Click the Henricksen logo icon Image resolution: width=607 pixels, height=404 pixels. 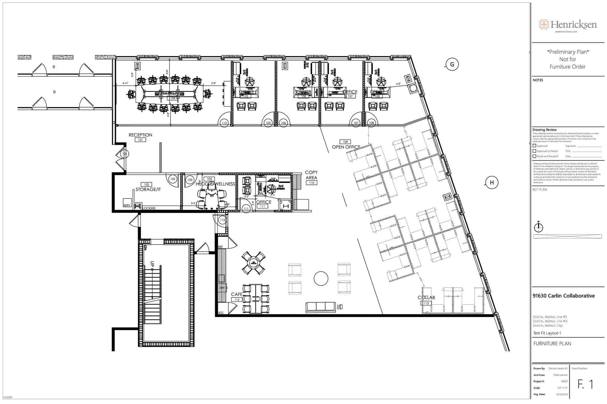click(544, 24)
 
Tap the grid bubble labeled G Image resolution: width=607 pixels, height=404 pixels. click(452, 65)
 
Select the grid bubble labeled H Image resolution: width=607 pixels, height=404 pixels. click(492, 183)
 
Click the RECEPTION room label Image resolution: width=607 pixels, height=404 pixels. click(140, 135)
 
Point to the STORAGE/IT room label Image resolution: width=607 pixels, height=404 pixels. click(148, 189)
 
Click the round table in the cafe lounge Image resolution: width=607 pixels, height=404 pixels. click(321, 279)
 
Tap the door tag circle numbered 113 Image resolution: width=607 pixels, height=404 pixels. click(224, 123)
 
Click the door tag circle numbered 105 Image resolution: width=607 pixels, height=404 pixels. click(268, 123)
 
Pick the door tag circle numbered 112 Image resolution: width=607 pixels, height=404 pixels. click(223, 220)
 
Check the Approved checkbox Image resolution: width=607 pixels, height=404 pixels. click(534, 146)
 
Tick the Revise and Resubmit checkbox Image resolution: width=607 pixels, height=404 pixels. click(534, 156)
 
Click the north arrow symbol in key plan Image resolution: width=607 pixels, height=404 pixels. click(538, 227)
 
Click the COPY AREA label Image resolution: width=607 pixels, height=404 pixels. click(311, 175)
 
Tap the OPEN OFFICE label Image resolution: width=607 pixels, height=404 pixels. click(346, 147)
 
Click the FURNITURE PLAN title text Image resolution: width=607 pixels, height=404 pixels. click(552, 344)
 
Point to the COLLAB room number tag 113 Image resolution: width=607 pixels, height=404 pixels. click(426, 303)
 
